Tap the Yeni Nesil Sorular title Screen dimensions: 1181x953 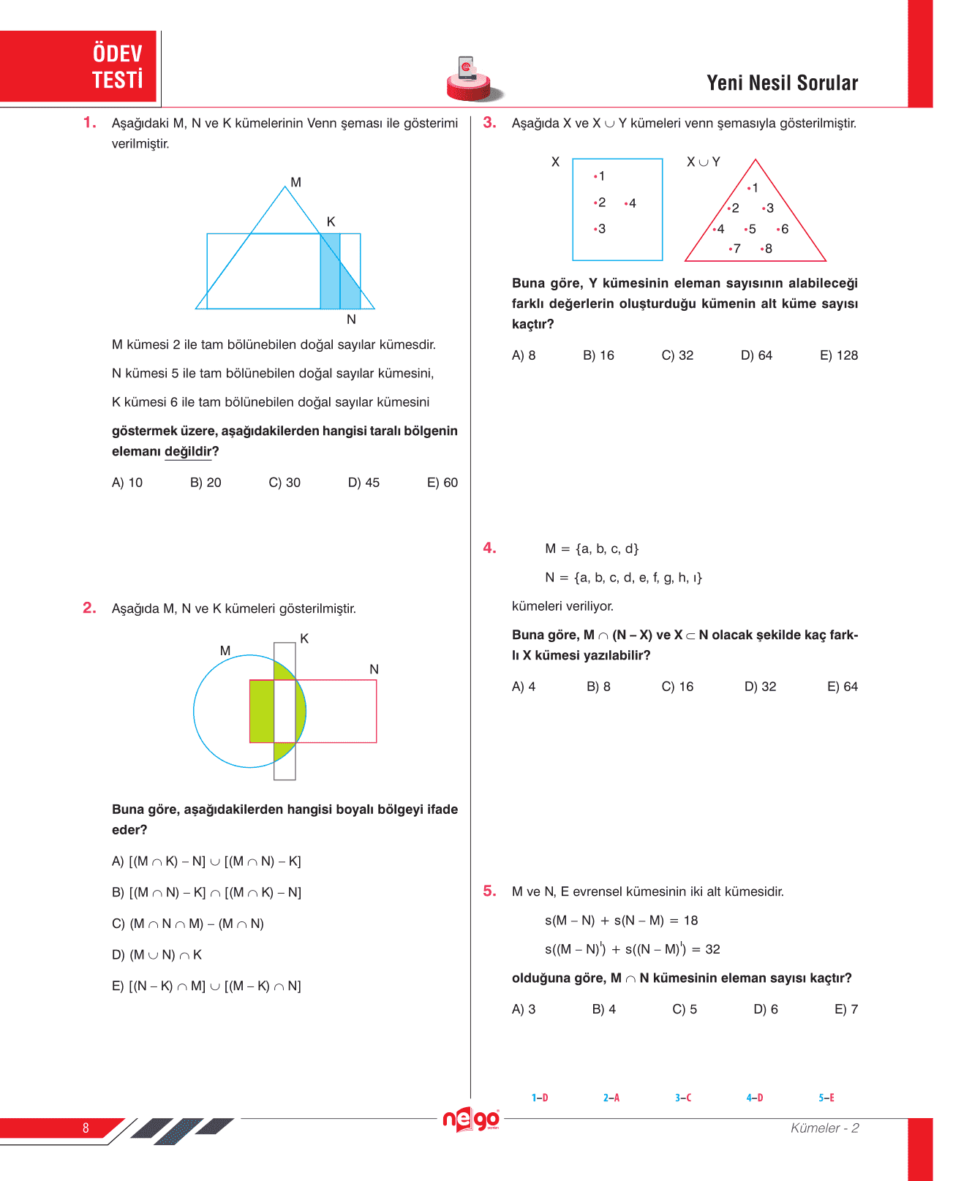(x=782, y=83)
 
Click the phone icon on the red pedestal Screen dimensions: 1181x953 (x=467, y=68)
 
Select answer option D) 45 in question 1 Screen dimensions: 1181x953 (x=364, y=483)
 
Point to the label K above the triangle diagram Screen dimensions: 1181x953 (x=331, y=222)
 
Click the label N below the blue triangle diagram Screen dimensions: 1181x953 (x=351, y=320)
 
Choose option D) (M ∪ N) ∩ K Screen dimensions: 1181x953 (x=157, y=955)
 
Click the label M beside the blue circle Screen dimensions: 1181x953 (x=225, y=651)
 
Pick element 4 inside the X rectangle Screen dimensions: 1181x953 (x=631, y=203)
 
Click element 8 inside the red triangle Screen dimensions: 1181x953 (x=767, y=249)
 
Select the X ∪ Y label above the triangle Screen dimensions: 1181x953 (x=703, y=162)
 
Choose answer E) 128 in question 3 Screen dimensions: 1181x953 (x=838, y=355)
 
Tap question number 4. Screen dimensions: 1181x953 (x=489, y=548)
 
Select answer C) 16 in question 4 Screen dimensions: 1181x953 (x=677, y=687)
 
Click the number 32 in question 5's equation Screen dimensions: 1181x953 (x=712, y=949)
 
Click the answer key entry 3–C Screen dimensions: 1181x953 (x=683, y=1098)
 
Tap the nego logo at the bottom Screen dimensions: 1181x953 (x=472, y=1120)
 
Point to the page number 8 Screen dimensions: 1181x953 (x=86, y=1128)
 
